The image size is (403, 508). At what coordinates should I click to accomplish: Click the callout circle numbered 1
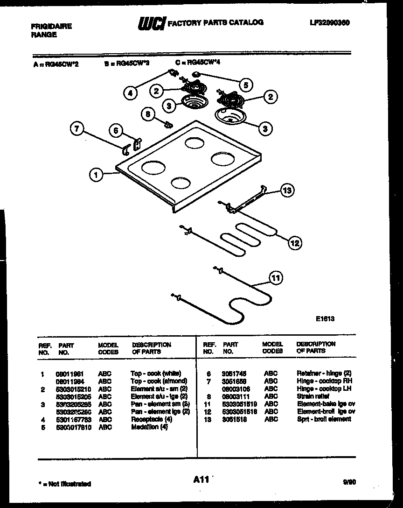(x=96, y=175)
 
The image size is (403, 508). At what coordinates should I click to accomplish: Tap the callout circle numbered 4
(x=131, y=92)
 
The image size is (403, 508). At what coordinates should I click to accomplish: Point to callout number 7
(x=77, y=129)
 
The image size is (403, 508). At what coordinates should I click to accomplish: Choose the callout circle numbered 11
(x=276, y=278)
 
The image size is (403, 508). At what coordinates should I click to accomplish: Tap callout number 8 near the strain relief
(x=148, y=114)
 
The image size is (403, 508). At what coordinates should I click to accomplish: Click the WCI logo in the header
(x=151, y=23)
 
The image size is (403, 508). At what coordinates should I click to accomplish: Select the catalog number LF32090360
(x=329, y=22)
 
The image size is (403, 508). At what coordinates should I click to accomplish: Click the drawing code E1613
(x=325, y=319)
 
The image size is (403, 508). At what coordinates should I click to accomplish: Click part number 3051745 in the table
(x=235, y=374)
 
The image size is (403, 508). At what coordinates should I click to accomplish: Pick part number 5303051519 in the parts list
(x=240, y=404)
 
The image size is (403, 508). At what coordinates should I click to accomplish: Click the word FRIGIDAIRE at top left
(x=51, y=27)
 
